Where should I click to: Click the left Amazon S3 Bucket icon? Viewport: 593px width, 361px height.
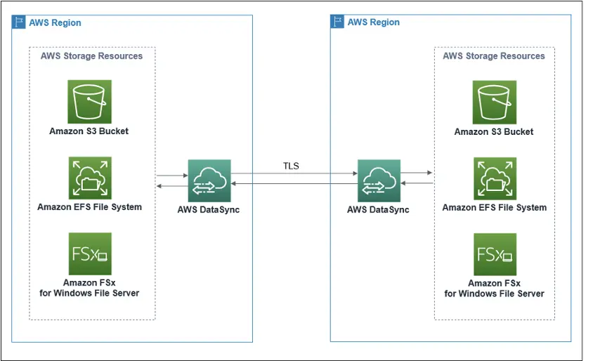coord(89,101)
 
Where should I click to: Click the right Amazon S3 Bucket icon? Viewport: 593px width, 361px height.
coord(494,102)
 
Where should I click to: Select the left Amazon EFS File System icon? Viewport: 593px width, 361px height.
coord(89,178)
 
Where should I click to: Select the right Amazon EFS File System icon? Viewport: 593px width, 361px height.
coord(494,179)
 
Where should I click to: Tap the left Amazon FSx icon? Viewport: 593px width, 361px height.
coord(89,254)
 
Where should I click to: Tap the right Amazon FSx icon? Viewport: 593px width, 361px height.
coord(494,254)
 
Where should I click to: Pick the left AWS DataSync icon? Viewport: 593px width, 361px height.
coord(209,181)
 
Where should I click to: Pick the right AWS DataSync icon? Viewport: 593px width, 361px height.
coord(379,181)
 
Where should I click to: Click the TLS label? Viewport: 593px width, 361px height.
coord(291,166)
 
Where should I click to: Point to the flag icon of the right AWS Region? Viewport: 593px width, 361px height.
coord(338,22)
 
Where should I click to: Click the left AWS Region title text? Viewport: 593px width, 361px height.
coord(55,22)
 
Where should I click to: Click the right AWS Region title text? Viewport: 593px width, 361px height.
coord(373,22)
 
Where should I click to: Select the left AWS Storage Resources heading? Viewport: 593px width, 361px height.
coord(91,55)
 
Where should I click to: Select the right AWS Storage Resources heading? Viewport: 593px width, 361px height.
coord(494,55)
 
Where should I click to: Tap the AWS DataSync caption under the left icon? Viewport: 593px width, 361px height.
coord(209,209)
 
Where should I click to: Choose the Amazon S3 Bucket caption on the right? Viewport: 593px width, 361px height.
coord(494,131)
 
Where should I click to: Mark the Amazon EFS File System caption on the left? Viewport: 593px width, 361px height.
coord(89,207)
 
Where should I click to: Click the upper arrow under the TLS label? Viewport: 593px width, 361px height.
coord(294,173)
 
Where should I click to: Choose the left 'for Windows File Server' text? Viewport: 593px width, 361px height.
coord(89,293)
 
